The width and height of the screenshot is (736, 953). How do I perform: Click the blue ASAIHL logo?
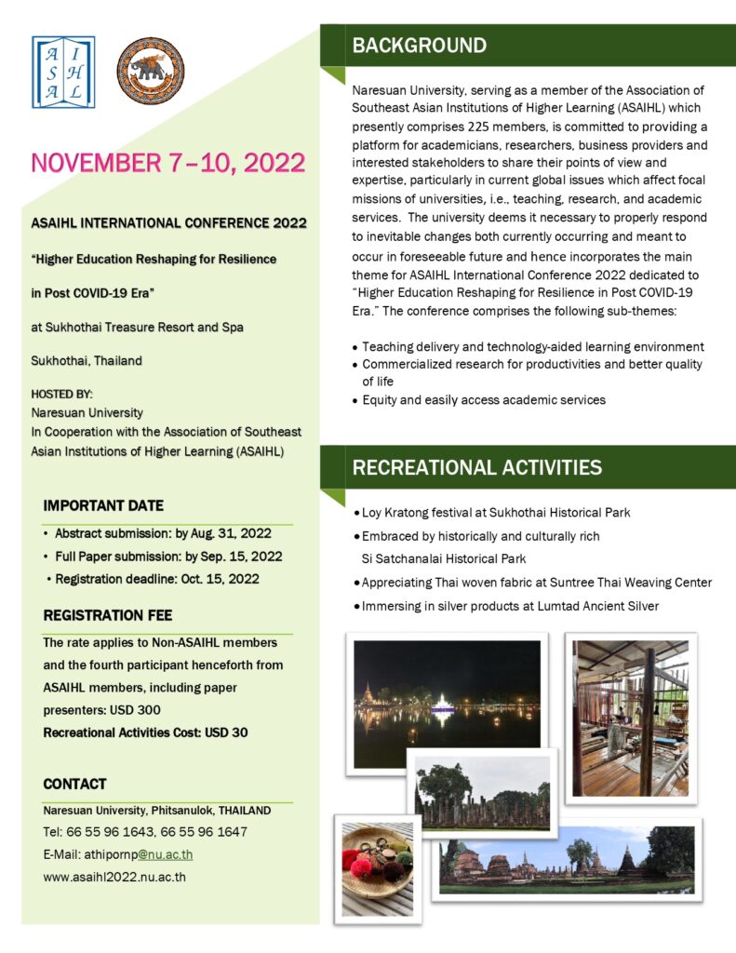click(x=62, y=72)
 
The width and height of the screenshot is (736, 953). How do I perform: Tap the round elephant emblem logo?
click(x=150, y=71)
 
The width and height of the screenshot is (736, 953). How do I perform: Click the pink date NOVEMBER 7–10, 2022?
click(x=168, y=163)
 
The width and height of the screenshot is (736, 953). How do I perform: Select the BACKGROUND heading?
click(x=419, y=46)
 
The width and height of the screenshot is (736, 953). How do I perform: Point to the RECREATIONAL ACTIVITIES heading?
click(x=476, y=467)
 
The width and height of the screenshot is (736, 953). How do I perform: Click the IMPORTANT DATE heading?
click(x=103, y=505)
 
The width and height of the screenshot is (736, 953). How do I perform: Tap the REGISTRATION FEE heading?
click(x=108, y=615)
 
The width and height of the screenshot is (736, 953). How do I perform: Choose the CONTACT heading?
click(x=74, y=784)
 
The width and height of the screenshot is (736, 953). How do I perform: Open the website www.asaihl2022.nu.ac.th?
click(x=114, y=876)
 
